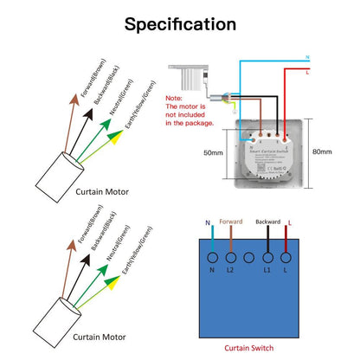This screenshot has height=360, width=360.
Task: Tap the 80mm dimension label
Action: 321,152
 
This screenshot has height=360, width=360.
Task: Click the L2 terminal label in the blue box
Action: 231,271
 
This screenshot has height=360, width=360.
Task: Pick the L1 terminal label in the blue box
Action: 269,271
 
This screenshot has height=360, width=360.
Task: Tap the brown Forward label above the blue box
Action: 232,222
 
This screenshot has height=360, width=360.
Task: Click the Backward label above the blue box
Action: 268,222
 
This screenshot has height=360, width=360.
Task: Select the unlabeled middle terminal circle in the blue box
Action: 250,257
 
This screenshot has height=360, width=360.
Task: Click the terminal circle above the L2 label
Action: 231,257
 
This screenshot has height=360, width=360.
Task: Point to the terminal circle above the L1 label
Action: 269,257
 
